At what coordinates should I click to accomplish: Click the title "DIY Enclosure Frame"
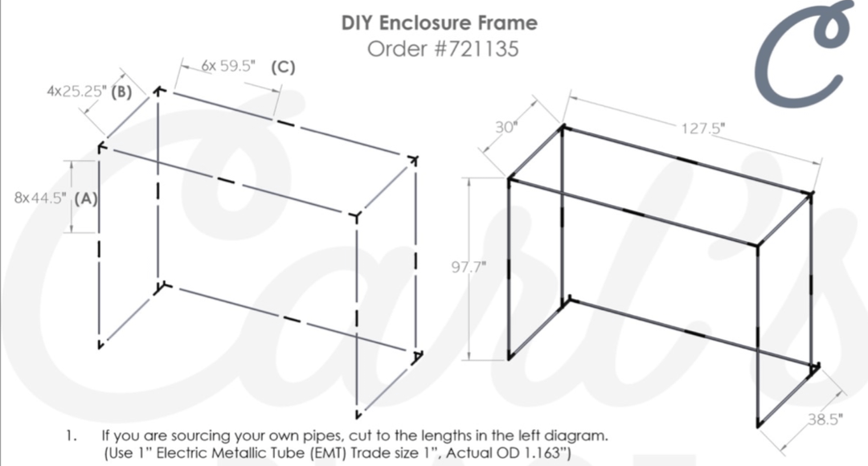439,22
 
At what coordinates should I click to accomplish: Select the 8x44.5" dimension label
40,198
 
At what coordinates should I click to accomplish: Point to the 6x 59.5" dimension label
228,66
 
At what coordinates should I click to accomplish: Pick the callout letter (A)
86,198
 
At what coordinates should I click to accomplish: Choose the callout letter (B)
122,92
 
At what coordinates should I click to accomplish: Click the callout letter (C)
283,67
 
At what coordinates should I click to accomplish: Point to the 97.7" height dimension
469,268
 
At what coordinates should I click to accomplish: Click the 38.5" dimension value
825,419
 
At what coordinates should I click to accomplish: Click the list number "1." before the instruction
72,435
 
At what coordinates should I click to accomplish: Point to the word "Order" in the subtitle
398,49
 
